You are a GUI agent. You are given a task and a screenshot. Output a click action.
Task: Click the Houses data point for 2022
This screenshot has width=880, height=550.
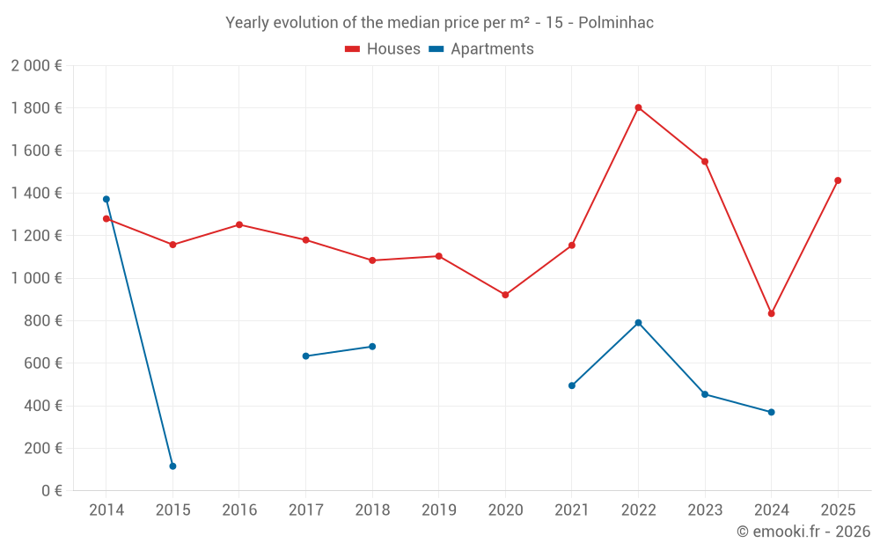(x=638, y=108)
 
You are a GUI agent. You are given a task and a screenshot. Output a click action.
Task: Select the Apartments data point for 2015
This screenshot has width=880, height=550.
(x=172, y=466)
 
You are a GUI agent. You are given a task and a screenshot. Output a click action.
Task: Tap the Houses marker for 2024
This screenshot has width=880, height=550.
(x=771, y=313)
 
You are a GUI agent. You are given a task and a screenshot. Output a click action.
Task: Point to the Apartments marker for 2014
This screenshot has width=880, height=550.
(x=106, y=199)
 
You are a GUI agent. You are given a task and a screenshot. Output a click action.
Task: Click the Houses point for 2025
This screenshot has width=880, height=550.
(x=838, y=180)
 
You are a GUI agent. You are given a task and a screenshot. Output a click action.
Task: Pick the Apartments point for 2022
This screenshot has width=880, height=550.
(x=638, y=323)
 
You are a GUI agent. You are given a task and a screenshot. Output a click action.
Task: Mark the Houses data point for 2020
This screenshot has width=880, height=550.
(x=505, y=295)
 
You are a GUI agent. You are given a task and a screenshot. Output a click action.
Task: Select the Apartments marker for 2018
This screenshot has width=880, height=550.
(x=372, y=347)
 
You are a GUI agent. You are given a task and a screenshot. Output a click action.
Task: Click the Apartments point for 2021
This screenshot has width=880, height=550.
(x=572, y=385)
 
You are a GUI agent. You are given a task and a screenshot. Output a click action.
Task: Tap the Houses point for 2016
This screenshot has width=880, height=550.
(x=239, y=224)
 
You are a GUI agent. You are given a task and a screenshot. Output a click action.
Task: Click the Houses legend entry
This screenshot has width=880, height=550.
(x=383, y=49)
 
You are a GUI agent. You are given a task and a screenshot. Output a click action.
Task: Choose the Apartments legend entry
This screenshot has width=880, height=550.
(x=481, y=49)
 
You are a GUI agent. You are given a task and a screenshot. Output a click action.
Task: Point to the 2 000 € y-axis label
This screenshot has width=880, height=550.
(x=36, y=66)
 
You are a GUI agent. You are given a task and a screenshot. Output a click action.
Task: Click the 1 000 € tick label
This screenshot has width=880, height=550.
(x=36, y=278)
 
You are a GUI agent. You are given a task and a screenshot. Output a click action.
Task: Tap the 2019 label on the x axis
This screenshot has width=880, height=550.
(x=438, y=510)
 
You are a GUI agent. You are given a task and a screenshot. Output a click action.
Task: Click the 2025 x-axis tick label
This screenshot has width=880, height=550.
(x=838, y=510)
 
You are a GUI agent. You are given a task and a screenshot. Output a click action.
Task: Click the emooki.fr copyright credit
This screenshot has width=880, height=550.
(x=803, y=532)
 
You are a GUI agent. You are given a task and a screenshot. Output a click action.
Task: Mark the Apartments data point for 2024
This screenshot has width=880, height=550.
(x=771, y=412)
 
